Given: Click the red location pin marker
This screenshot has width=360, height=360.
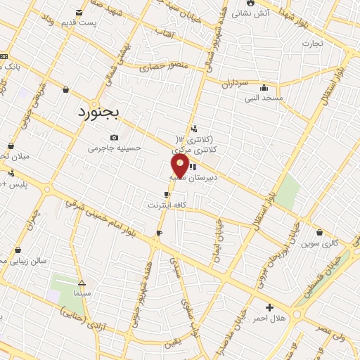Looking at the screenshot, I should pos(180,166).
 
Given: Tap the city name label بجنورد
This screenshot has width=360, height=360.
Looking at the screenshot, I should pos(99,111).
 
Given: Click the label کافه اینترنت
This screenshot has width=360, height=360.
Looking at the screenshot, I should pos(166,205).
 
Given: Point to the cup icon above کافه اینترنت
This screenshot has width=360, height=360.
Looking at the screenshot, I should pos(167,195).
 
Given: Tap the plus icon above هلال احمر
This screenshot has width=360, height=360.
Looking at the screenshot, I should pos(269,308).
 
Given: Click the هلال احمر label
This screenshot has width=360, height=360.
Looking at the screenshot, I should pos(269,319).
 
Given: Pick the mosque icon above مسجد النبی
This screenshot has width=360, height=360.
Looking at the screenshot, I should pos(264,88).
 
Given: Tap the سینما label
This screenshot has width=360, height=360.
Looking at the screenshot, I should pos(82,292).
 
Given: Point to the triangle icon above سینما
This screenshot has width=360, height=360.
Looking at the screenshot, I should pos(82,282).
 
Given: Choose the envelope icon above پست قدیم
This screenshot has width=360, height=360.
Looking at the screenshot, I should pos(78,12).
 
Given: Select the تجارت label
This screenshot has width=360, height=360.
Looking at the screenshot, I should pos(312,43).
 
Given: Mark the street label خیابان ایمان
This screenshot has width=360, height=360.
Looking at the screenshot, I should pos(215,250).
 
